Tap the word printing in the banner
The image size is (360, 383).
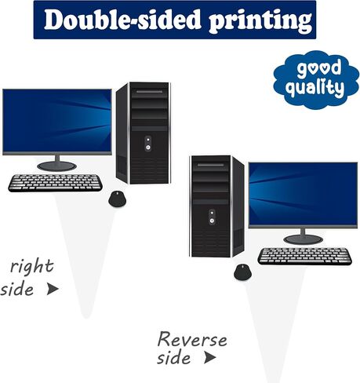tap(260, 21)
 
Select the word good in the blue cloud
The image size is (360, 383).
tap(319, 67)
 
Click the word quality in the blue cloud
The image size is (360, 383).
tap(315, 87)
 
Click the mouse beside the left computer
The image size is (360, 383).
tap(117, 199)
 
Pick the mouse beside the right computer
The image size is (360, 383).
tap(243, 272)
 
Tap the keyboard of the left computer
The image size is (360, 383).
tap(56, 183)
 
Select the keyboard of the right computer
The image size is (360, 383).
tap(305, 256)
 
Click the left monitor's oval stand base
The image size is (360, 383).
tap(56, 166)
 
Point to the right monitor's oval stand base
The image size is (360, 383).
tap(304, 239)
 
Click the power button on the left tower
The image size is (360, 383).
tap(148, 148)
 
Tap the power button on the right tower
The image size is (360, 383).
tap(212, 221)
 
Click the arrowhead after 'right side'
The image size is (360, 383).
tap(53, 289)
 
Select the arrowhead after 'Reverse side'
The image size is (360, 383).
tap(210, 357)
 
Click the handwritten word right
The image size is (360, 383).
tap(32, 267)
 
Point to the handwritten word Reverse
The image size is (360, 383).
tap(192, 339)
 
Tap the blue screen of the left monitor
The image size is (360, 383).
tap(57, 121)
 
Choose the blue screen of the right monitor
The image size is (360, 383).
tap(303, 194)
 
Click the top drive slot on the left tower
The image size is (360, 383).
tap(149, 92)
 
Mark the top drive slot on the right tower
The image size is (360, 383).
tap(211, 165)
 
